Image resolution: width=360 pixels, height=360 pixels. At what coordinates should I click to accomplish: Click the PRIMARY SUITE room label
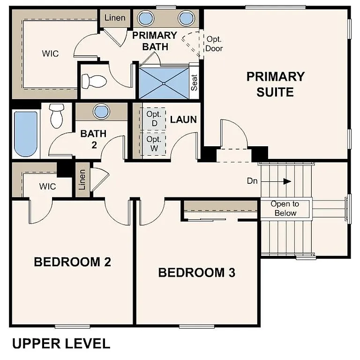[275, 84]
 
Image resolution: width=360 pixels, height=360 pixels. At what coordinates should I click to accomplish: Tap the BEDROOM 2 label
[72, 262]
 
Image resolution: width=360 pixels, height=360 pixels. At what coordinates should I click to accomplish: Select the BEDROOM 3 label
[196, 272]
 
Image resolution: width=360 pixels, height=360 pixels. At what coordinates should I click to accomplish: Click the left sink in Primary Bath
[145, 18]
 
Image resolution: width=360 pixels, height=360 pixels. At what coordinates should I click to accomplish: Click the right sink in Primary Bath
[186, 18]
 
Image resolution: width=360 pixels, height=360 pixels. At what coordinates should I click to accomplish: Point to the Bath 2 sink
[101, 112]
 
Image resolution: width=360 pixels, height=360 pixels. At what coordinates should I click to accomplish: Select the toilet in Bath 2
[56, 115]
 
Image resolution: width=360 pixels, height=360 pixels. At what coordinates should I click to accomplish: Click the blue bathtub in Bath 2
[25, 134]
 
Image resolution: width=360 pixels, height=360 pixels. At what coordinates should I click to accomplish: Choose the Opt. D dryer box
[153, 119]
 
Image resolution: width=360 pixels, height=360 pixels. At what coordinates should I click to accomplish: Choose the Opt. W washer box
[153, 144]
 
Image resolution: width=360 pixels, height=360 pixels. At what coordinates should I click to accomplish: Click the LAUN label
[183, 120]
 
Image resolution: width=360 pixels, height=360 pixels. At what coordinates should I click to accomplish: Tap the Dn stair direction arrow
[286, 181]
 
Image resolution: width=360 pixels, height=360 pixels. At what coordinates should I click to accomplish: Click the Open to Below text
[285, 209]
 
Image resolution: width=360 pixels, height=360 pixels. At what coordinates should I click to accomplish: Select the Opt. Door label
[214, 44]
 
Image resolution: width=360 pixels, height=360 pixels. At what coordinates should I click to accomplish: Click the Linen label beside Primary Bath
[115, 18]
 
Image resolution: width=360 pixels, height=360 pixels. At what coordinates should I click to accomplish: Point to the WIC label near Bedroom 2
[47, 187]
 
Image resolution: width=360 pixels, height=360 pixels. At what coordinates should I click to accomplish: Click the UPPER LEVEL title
[61, 344]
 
